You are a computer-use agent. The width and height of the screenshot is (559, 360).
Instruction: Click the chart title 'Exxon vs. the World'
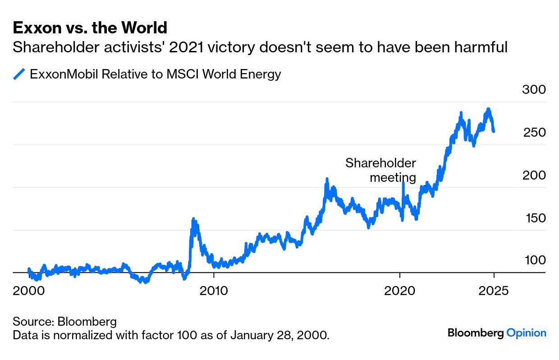pos(90,28)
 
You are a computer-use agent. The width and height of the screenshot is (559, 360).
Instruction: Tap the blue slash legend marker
pos(19,74)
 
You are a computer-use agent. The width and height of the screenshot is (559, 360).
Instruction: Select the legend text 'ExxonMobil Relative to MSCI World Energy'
pos(155,74)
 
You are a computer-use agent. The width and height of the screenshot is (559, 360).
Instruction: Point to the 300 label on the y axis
pos(534,89)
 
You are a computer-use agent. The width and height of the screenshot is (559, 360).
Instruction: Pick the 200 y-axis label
pos(534,175)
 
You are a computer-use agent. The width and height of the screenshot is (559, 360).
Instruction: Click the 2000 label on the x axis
pos(29,291)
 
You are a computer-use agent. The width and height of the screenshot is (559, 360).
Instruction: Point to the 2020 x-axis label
pos(400,291)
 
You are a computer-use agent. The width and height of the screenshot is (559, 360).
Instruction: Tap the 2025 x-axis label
pos(493,291)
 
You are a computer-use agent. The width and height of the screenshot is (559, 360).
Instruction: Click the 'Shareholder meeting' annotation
pos(381,170)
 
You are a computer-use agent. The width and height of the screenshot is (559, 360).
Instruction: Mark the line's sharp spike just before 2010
pos(193,220)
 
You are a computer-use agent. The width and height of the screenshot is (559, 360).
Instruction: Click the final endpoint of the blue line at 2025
pos(494,131)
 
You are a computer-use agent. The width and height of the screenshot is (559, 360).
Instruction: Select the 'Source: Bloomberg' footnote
pos(64,322)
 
